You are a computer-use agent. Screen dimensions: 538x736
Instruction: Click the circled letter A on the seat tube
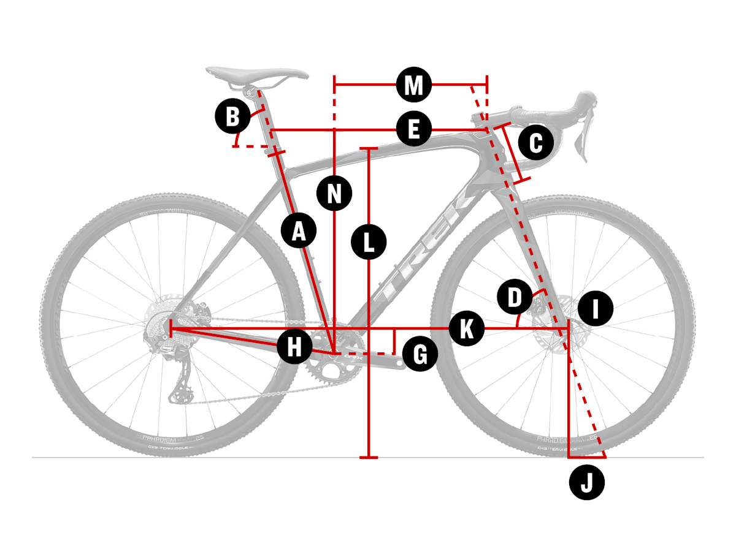coord(299,231)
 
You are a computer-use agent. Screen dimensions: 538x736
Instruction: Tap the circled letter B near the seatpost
coord(232,116)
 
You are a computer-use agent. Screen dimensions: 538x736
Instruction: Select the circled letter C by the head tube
coord(535,143)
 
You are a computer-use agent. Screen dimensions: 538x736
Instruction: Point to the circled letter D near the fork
coord(515,298)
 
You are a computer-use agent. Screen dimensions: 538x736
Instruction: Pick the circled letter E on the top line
coord(414,129)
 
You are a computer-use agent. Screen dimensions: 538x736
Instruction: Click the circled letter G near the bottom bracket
coord(420,354)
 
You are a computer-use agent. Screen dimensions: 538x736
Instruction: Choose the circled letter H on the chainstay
coord(295,347)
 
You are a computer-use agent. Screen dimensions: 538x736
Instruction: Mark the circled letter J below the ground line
coord(587,483)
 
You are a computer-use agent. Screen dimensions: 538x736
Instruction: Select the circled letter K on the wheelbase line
coord(466,329)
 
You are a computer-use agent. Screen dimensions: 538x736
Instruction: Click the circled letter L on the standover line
coord(369,241)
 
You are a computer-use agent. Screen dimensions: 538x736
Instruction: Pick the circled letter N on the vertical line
coord(334,194)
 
